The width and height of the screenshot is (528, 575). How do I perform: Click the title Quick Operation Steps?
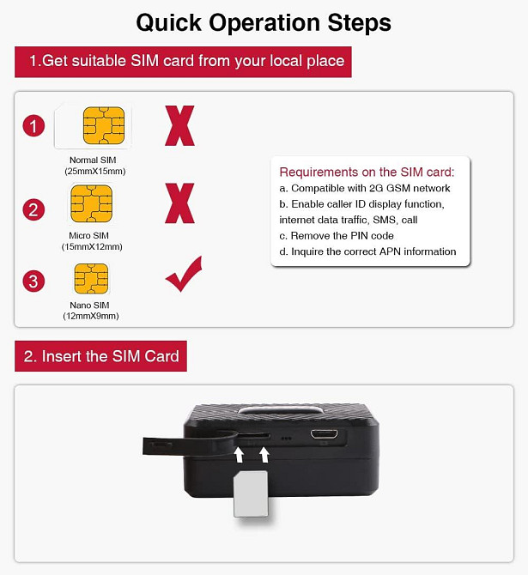coord(264,23)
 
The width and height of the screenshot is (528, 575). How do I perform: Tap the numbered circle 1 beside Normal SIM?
coord(33,126)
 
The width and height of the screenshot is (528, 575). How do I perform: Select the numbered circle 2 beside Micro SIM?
coord(33,209)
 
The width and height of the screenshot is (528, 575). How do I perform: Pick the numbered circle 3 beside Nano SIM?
coord(33,281)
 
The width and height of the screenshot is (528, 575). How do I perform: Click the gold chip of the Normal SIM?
coord(104,125)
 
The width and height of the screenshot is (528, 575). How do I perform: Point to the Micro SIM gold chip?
coord(91,203)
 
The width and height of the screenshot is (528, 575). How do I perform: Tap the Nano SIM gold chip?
coord(91,279)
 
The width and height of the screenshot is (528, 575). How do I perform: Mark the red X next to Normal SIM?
coord(179,126)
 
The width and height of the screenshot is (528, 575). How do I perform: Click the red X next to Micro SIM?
coord(179,203)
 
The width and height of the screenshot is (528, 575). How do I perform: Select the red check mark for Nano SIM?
coord(185,275)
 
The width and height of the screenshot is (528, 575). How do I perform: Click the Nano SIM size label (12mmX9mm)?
coord(91,316)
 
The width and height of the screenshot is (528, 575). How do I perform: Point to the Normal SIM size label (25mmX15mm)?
coord(95,172)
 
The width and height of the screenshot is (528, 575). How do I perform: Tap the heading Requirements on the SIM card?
coord(367,172)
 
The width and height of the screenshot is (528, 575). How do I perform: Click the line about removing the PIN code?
coord(337,235)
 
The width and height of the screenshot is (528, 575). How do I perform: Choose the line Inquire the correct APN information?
coord(367,251)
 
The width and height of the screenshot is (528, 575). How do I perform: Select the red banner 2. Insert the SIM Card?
coord(101,356)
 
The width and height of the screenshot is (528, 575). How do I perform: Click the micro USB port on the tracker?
coord(325,434)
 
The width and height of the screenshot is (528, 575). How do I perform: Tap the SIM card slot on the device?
coord(253,436)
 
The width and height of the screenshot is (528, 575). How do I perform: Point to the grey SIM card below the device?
coord(251,494)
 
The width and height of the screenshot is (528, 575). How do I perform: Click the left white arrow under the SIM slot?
coord(239,455)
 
